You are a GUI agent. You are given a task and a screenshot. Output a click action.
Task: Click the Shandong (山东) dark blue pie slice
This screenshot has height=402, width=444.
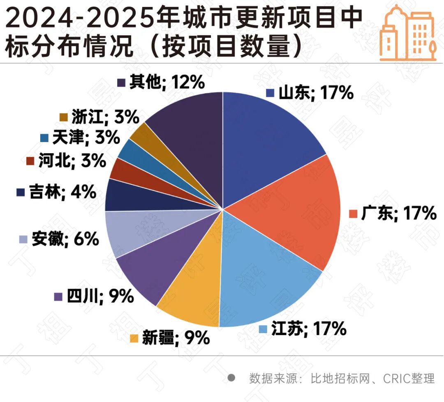click(267, 140)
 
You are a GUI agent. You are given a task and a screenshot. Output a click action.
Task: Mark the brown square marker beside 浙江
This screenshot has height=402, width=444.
click(63, 117)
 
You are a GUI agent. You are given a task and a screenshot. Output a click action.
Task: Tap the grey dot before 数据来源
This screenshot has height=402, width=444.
click(231, 377)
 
